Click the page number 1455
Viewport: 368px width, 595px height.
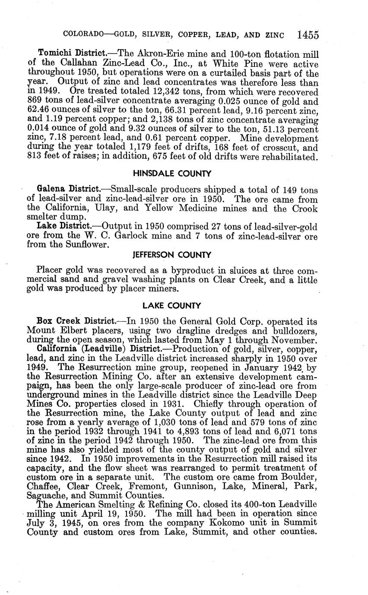307,35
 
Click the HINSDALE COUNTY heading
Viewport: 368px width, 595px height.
172,174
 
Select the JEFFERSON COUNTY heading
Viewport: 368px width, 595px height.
172,255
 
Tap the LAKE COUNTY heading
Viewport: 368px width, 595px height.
172,306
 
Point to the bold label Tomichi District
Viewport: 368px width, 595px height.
72,54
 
